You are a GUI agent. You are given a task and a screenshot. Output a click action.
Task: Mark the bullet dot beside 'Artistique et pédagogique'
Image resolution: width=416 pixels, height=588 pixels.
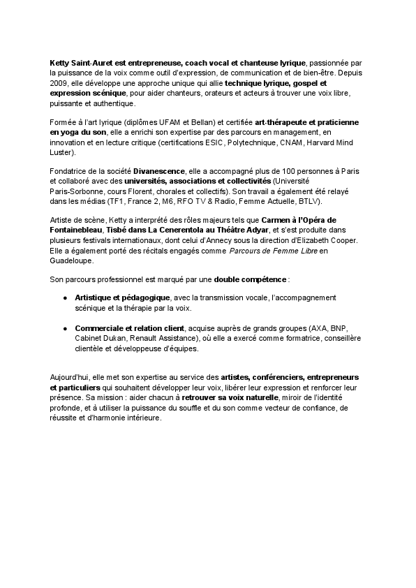tap(65, 298)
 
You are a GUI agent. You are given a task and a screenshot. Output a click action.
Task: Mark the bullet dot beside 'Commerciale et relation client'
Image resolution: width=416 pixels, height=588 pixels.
tap(65, 328)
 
